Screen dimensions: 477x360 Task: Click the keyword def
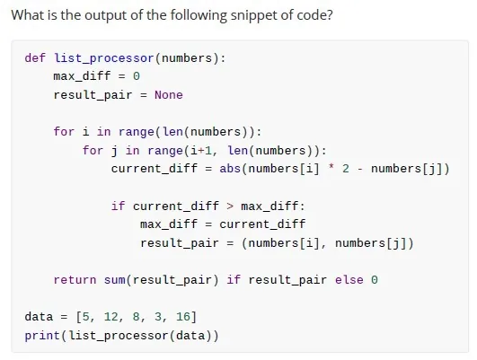point(35,57)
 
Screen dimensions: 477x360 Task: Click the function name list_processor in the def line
point(104,58)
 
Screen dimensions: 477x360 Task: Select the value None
point(169,95)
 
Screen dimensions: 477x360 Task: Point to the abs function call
point(230,169)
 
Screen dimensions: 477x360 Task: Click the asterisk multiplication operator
point(331,167)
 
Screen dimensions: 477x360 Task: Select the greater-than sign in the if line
point(230,206)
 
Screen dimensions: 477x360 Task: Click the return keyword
point(75,280)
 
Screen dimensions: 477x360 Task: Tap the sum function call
point(114,280)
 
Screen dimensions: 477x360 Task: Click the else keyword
point(349,280)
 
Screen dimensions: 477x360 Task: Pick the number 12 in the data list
point(111,317)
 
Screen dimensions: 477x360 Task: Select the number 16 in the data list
point(183,317)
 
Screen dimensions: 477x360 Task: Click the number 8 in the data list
point(136,317)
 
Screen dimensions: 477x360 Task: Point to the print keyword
point(42,336)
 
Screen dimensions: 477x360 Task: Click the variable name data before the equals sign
point(39,317)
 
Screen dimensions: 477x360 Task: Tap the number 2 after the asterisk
point(346,168)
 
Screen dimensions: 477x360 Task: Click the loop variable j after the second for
point(114,151)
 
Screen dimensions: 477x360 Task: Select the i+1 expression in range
point(201,151)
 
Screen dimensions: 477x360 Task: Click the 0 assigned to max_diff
point(137,76)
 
